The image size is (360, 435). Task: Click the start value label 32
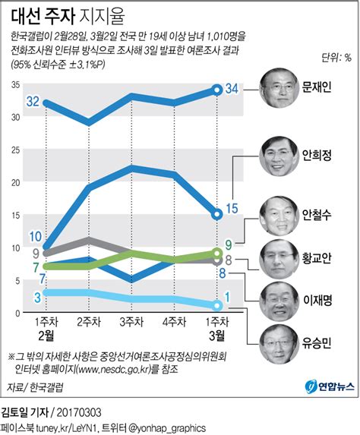33,101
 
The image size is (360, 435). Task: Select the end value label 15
233,208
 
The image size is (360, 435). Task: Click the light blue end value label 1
229,298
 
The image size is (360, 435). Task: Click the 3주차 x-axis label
132,321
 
